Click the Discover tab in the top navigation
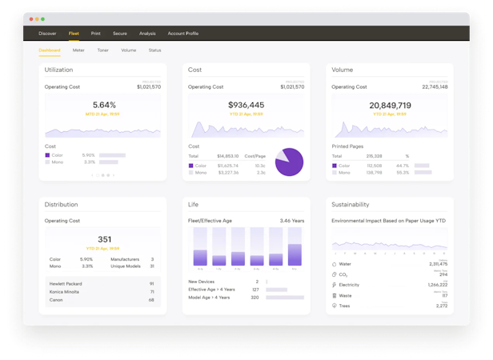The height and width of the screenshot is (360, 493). [47, 34]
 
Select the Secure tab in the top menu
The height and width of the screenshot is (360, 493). [120, 34]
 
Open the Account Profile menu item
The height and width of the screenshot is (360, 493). [183, 34]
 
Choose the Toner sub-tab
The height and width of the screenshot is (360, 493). [102, 50]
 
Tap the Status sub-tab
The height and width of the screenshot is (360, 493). [154, 50]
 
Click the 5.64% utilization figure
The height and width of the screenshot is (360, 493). [104, 105]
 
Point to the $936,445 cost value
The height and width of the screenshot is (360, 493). [246, 105]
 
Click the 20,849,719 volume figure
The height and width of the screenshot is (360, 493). [390, 105]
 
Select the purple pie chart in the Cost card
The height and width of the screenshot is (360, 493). [289, 162]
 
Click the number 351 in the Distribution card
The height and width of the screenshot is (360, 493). [104, 238]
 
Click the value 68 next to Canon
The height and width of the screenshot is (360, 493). [151, 301]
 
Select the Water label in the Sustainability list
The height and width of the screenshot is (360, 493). [345, 263]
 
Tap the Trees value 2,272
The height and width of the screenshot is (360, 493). [441, 306]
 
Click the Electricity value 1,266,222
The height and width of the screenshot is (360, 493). [437, 284]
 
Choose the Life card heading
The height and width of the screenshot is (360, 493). [194, 204]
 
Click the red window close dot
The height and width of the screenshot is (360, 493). [31, 18]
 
